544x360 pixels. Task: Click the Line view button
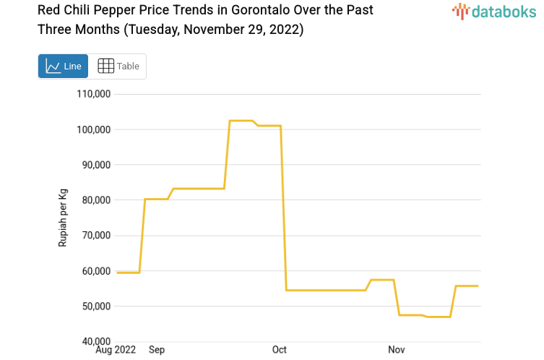[63, 67]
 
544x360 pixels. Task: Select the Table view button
[118, 67]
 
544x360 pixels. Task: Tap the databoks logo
[494, 11]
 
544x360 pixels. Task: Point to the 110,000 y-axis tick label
[93, 94]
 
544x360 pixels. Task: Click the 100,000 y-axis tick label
[93, 129]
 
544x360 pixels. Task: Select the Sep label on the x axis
[157, 350]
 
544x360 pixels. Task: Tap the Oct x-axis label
[280, 350]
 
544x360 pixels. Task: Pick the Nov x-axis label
[397, 350]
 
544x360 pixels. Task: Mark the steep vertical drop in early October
[283, 210]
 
